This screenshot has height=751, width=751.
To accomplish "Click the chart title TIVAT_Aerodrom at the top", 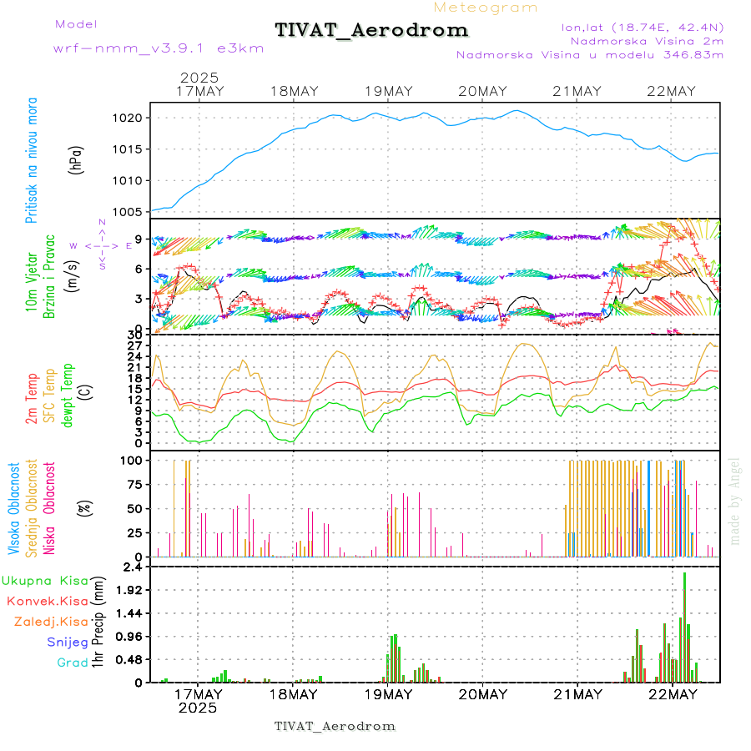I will (x=371, y=31).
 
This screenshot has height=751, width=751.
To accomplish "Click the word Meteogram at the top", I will (x=486, y=8).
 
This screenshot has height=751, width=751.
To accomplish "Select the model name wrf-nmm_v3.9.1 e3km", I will (x=159, y=48).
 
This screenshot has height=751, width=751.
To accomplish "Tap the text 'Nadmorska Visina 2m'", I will (x=647, y=40).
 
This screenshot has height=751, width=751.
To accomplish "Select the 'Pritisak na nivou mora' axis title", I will (x=32, y=159).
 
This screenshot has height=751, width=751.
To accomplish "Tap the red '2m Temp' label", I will (x=32, y=399).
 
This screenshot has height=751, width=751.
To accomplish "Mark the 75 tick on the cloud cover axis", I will (x=134, y=484).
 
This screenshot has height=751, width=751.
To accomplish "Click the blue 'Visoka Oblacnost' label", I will (x=13, y=509).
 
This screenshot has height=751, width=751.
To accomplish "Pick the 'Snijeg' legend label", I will (x=68, y=642).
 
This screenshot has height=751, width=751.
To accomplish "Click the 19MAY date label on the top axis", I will (x=388, y=91).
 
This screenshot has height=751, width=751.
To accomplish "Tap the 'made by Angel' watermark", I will (x=735, y=501).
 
